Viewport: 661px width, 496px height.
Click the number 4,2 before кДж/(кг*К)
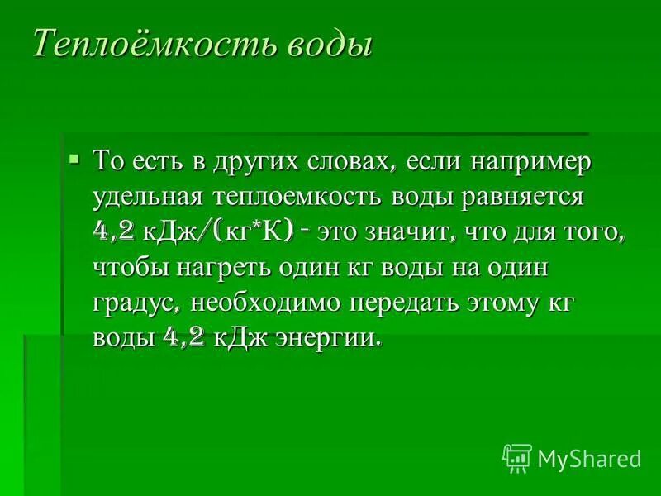115,233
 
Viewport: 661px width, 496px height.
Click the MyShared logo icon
517,457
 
